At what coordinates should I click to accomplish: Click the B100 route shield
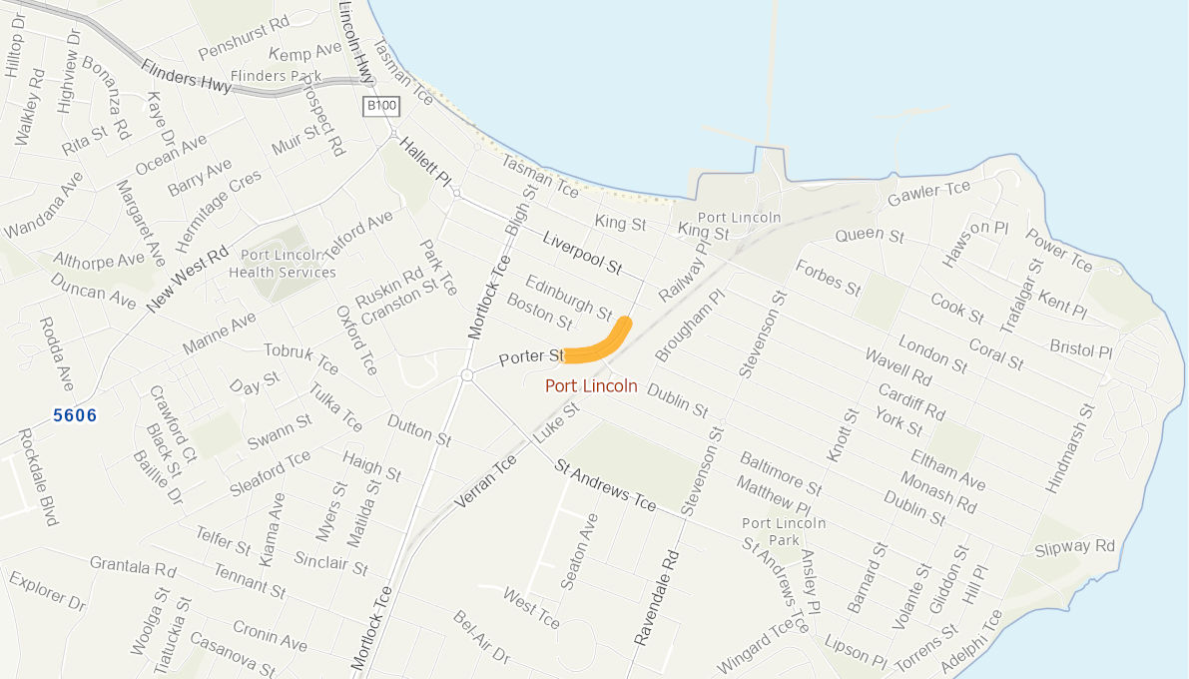pyautogui.click(x=381, y=105)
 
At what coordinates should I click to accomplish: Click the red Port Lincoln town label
pyautogui.click(x=591, y=386)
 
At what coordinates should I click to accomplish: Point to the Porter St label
pyautogui.click(x=532, y=356)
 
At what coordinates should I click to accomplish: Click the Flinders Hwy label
pyautogui.click(x=187, y=77)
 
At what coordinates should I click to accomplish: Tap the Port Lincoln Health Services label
pyautogui.click(x=283, y=264)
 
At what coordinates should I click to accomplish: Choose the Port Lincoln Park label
pyautogui.click(x=784, y=531)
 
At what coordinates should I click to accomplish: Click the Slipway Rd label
pyautogui.click(x=1074, y=546)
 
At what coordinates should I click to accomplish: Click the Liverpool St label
pyautogui.click(x=582, y=254)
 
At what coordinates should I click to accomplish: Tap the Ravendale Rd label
pyautogui.click(x=655, y=597)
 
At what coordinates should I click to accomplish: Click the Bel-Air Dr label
pyautogui.click(x=481, y=637)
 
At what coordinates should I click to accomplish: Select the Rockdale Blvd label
pyautogui.click(x=39, y=477)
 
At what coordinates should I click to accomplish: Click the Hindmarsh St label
pyautogui.click(x=1069, y=448)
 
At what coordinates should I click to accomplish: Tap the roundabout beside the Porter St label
pyautogui.click(x=466, y=375)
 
